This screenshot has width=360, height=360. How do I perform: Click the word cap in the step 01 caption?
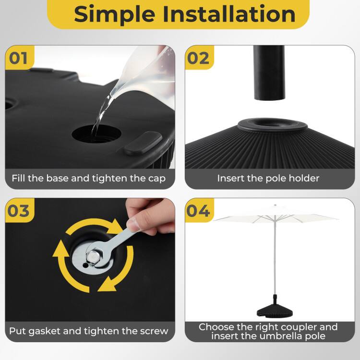coord(156,179)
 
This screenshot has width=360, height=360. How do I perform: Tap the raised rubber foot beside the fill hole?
coord(143,143)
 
